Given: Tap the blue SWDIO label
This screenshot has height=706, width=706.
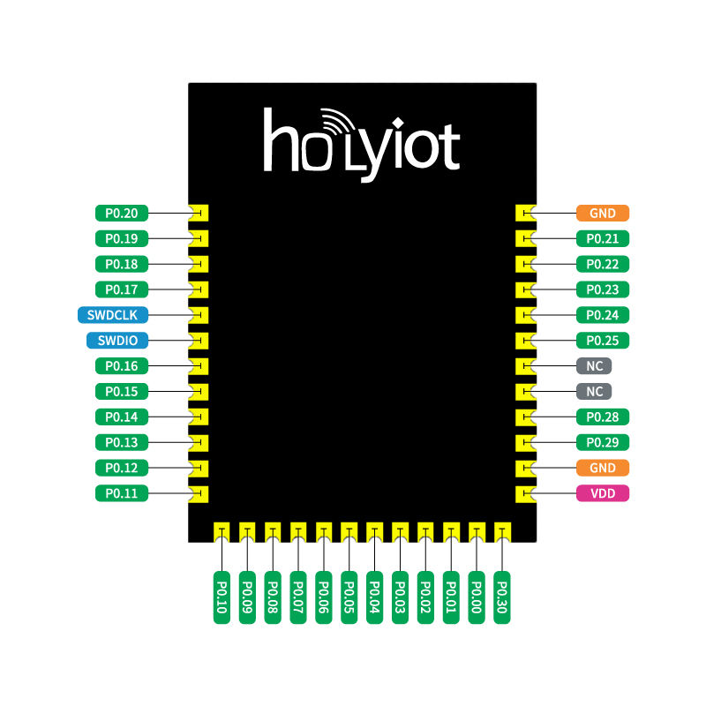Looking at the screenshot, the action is click(x=116, y=340).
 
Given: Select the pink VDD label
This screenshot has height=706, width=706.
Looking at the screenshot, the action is click(x=603, y=493).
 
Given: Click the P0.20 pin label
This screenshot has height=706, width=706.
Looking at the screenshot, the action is click(x=122, y=213).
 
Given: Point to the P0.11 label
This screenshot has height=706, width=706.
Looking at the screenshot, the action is click(x=122, y=493).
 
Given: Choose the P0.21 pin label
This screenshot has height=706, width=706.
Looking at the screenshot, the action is click(x=603, y=238).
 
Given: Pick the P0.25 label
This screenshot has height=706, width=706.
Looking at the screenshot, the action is click(x=603, y=340).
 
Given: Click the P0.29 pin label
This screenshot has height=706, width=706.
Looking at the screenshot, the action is click(x=603, y=442).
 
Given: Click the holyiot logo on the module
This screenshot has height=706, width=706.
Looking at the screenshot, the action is click(x=362, y=141).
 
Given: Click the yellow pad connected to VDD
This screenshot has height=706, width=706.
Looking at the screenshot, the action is click(x=525, y=493).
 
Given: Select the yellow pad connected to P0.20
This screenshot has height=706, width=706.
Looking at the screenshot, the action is click(x=199, y=213).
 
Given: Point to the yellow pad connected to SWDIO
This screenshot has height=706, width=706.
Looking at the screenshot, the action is click(x=199, y=340).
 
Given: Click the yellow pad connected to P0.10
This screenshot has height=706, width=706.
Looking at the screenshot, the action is click(x=222, y=531).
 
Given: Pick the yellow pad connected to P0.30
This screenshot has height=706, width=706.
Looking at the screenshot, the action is click(x=502, y=531).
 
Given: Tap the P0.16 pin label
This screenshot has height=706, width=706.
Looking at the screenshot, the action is click(x=122, y=365).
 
